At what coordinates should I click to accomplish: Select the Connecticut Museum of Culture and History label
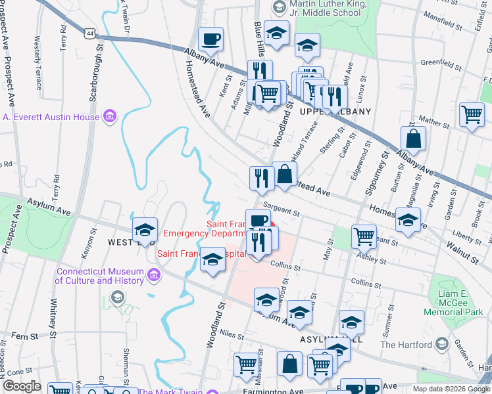(99, 276)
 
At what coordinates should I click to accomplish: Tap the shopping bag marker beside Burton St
(413, 139)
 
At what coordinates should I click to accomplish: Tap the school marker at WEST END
(144, 230)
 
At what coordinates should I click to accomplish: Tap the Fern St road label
(24, 336)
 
